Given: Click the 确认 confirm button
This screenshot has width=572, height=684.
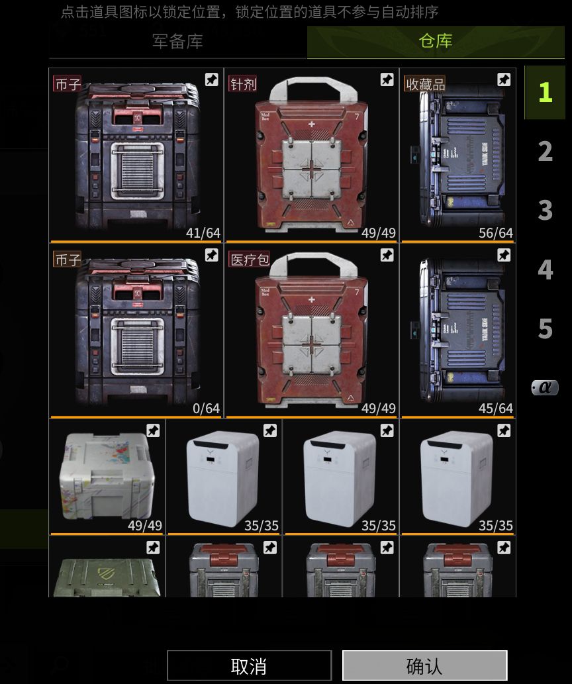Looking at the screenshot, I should pyautogui.click(x=424, y=665).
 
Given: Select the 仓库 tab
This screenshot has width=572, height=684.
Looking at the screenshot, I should pyautogui.click(x=435, y=41).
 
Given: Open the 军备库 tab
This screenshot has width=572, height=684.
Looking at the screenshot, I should pyautogui.click(x=177, y=41).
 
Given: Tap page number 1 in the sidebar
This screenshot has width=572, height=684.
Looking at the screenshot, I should pyautogui.click(x=544, y=92).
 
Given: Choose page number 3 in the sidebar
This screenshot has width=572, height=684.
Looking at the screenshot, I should pyautogui.click(x=545, y=210).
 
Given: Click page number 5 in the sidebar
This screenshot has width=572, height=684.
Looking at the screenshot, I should pyautogui.click(x=545, y=328).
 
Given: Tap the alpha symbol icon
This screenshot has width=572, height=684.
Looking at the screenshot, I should pyautogui.click(x=545, y=387).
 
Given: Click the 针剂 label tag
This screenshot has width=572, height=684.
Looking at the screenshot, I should pyautogui.click(x=242, y=84).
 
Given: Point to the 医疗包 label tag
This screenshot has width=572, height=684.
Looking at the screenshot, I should pyautogui.click(x=249, y=260).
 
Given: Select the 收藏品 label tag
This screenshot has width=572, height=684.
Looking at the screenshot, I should pyautogui.click(x=425, y=84).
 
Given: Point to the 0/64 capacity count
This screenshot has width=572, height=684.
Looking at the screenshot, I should pyautogui.click(x=206, y=409).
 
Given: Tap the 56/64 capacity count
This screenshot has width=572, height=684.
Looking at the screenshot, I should pyautogui.click(x=496, y=233).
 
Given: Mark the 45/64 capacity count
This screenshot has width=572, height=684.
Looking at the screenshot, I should pyautogui.click(x=496, y=409).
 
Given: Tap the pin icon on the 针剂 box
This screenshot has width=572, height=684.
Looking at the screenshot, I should pyautogui.click(x=387, y=80).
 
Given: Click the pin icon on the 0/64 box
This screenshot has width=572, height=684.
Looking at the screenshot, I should pyautogui.click(x=211, y=255).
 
